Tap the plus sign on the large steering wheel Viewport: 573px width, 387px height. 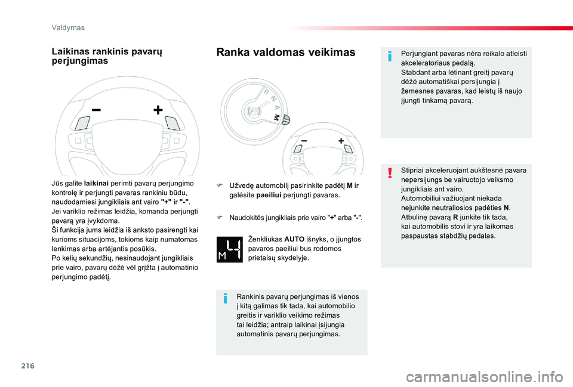click(158, 110)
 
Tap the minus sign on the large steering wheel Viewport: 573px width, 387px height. click(95, 110)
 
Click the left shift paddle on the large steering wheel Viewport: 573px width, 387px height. click(82, 123)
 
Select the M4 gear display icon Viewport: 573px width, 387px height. click(229, 249)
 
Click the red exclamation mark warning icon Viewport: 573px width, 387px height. click(390, 174)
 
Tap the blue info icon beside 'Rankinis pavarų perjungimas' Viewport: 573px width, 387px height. click(226, 298)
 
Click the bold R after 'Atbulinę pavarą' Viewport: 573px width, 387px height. click(453, 218)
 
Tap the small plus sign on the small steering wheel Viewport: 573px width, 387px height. click(341, 141)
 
